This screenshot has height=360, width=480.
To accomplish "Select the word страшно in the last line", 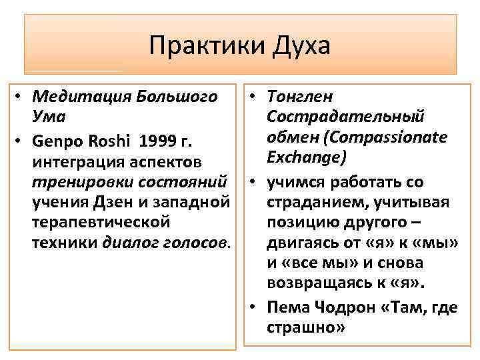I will pyautogui.click(x=303, y=328).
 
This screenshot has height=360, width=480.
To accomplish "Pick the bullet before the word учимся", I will pyautogui.click(x=257, y=181).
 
